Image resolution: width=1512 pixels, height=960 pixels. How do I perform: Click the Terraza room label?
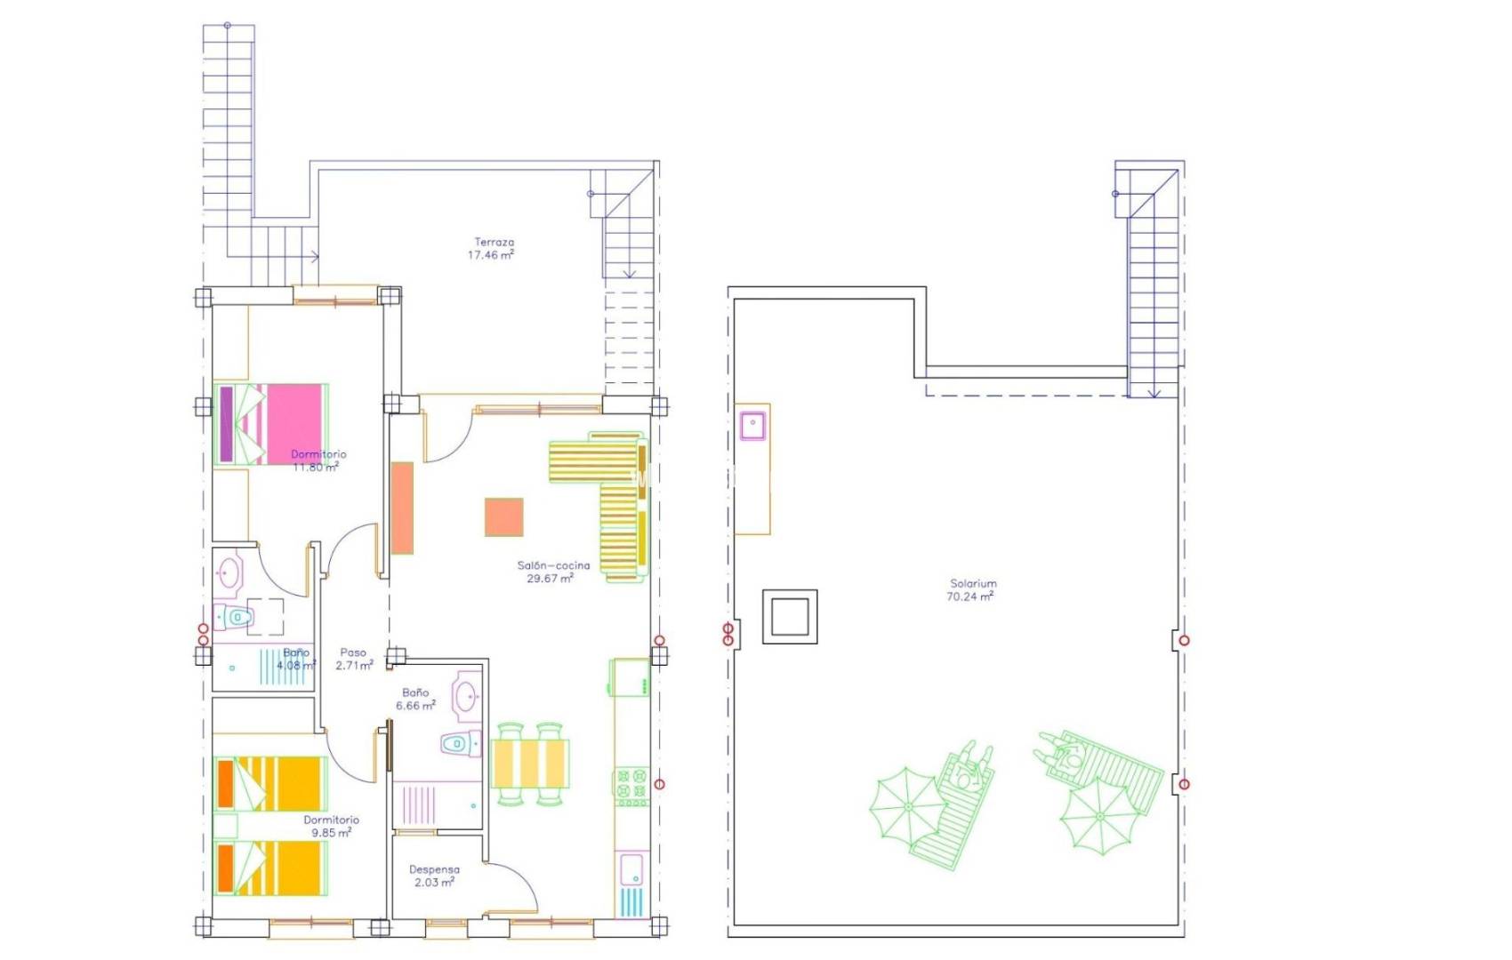[x=494, y=242]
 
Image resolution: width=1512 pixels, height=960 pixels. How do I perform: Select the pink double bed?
[x=271, y=423]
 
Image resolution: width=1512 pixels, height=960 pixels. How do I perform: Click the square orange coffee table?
[x=503, y=517]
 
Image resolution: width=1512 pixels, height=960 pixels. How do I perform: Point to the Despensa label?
[x=434, y=869]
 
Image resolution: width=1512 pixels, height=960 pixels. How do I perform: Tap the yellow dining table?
[x=530, y=764]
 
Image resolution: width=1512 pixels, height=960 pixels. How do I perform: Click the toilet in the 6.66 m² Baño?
[x=460, y=743]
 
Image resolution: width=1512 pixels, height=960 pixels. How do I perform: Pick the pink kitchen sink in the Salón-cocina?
[x=631, y=868]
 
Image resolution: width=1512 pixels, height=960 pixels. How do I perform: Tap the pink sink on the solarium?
[x=752, y=425]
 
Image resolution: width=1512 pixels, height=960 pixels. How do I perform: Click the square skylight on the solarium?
[x=789, y=617]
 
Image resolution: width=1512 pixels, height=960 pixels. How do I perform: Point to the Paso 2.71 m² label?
[x=353, y=659]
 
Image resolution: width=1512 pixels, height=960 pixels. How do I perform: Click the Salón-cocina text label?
[x=553, y=565]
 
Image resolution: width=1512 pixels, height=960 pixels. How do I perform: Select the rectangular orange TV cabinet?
[x=402, y=508]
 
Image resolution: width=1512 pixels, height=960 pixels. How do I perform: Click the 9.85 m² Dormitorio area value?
[x=331, y=833]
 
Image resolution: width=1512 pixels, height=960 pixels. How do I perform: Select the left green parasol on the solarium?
[x=907, y=806]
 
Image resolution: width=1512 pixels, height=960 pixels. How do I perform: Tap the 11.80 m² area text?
[x=316, y=467]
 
